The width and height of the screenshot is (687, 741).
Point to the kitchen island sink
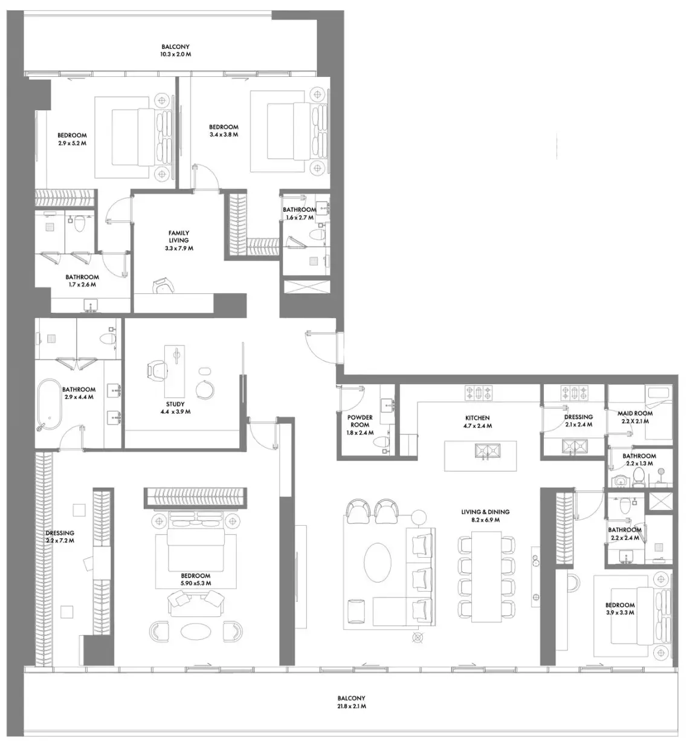click(x=487, y=451)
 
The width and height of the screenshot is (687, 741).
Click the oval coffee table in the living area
click(x=378, y=563)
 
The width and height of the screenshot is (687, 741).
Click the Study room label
click(x=175, y=408)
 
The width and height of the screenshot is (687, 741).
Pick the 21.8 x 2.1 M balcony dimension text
click(x=352, y=706)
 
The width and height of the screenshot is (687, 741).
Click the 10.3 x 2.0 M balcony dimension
click(x=176, y=54)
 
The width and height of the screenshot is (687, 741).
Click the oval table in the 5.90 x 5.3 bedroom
click(x=196, y=631)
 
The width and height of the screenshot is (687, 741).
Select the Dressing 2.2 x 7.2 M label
click(x=60, y=537)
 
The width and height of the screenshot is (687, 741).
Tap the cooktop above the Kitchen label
click(x=479, y=393)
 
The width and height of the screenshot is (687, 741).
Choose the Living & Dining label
click(x=485, y=515)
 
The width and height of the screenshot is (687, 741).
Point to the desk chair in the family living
click(x=163, y=286)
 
